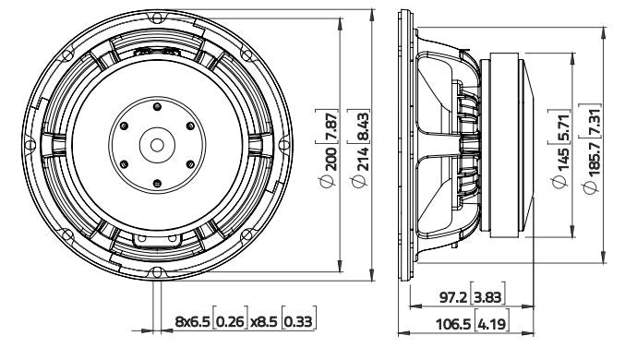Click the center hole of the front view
(x=156, y=144)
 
